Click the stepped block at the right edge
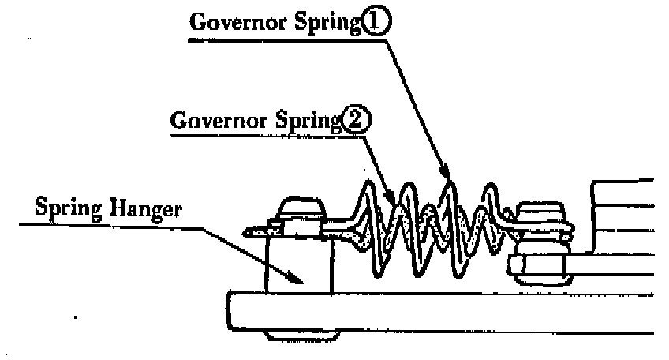pos(623,229)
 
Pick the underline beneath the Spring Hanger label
pos(110,223)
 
